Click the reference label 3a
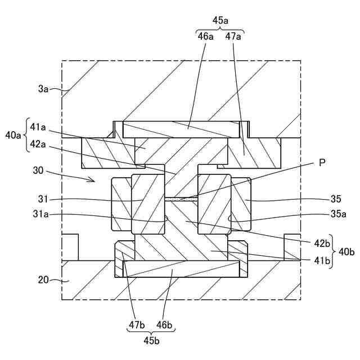[x=44, y=89]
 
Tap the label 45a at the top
[x=220, y=20]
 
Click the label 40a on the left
[x=12, y=135]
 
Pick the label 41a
[x=38, y=127]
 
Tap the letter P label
[x=322, y=163]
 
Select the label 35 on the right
[x=336, y=199]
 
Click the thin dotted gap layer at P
[x=180, y=199]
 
